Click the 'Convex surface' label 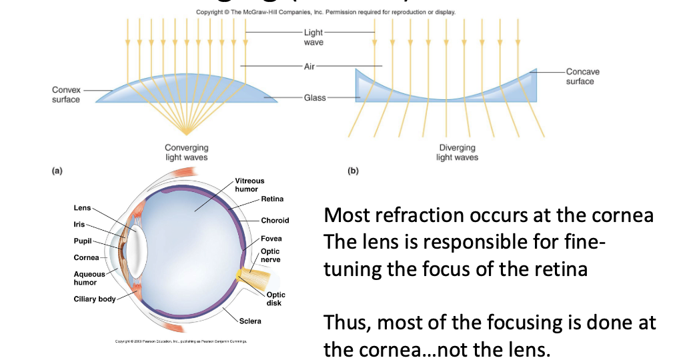click(x=66, y=95)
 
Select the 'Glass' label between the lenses click(x=315, y=98)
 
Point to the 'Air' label click(x=309, y=66)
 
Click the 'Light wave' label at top click(x=313, y=37)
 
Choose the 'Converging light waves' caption click(x=186, y=152)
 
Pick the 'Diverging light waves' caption click(x=457, y=152)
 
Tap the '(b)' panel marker click(x=353, y=171)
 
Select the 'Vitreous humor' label click(x=250, y=185)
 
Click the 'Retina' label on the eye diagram click(x=272, y=199)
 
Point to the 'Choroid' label click(x=275, y=221)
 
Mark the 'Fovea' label click(x=271, y=239)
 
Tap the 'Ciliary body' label click(x=94, y=299)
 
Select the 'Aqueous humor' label click(x=89, y=278)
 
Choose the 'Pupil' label click(x=83, y=241)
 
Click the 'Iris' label click(x=79, y=225)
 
